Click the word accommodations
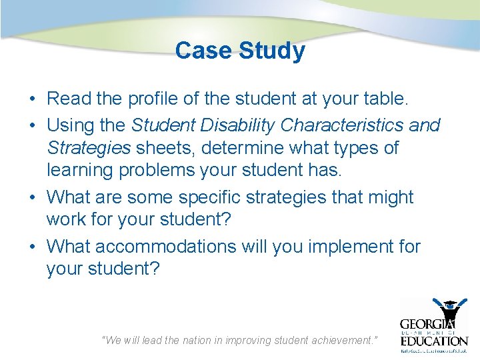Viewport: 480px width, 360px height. tap(165, 246)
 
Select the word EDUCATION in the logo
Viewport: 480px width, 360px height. tap(434, 340)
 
